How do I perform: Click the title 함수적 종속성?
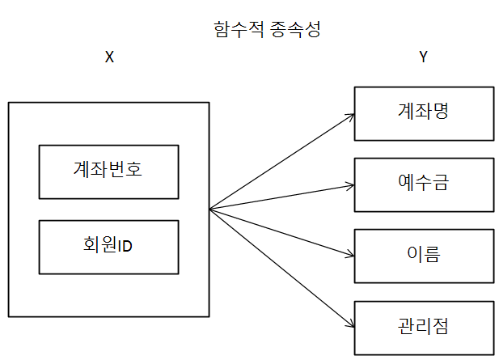[x=267, y=30]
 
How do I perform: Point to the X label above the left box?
[x=109, y=58]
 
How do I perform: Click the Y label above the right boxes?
[x=424, y=58]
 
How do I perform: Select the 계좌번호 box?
[x=108, y=172]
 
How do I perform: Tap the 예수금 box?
[x=423, y=183]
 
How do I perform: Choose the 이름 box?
[x=423, y=255]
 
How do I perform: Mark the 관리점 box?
[x=423, y=327]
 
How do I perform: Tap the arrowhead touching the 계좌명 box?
[x=349, y=116]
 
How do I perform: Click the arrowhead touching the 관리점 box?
[x=349, y=324]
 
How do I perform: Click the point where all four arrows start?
[x=210, y=210]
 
